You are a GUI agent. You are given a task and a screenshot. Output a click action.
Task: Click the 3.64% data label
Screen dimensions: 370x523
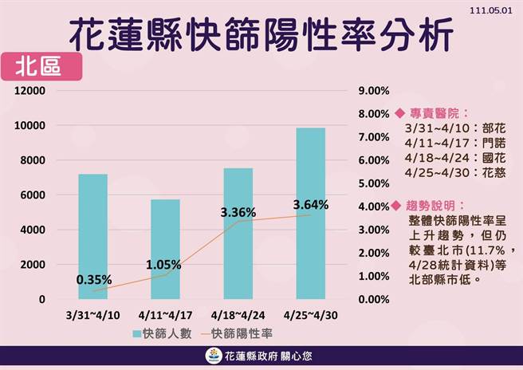[x=311, y=205]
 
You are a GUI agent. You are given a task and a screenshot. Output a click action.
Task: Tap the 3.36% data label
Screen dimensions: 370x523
[x=238, y=212]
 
